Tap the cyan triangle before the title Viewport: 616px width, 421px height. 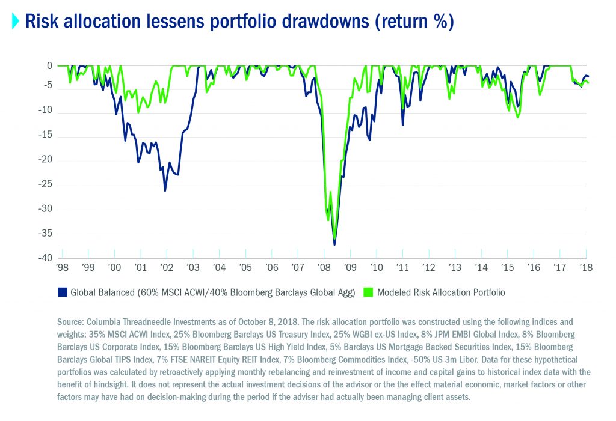click(16, 22)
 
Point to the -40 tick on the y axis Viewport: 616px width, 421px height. click(46, 258)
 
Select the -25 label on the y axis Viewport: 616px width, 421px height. click(46, 186)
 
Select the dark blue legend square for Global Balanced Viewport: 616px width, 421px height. click(61, 292)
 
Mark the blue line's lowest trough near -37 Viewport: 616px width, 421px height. click(334, 244)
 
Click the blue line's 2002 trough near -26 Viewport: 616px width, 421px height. click(165, 190)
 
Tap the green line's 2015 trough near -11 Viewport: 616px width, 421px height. click(517, 117)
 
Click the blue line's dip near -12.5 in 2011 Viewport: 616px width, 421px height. click(402, 125)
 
